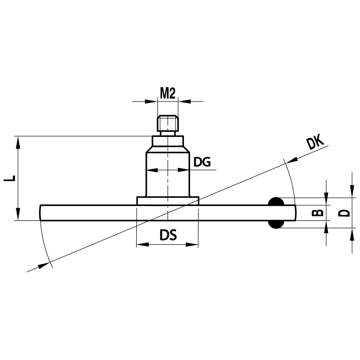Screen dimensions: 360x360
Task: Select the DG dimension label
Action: pos(202,162)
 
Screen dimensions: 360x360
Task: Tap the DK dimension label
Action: pos(315,143)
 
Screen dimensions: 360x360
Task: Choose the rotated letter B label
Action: pos(317,212)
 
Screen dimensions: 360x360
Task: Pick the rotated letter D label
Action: pos(345,212)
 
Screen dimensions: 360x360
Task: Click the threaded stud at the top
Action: pos(168,123)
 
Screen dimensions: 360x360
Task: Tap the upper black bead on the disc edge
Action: pos(276,202)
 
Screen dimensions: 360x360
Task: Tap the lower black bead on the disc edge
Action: pos(276,224)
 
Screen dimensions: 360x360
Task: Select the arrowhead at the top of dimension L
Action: pos(17,142)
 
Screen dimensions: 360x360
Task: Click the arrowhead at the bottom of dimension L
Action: pos(17,214)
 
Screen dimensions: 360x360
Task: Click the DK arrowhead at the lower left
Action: pos(44,265)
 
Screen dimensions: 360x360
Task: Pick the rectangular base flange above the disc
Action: pos(168,201)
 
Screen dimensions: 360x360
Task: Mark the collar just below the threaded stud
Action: pos(168,141)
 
